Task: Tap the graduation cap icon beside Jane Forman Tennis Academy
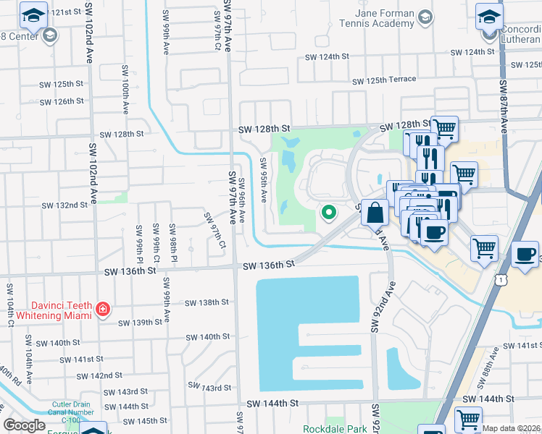point(425,17)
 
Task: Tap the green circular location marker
point(328,212)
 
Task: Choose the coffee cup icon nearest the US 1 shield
point(525,255)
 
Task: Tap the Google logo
point(24,425)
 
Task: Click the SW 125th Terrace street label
point(383,80)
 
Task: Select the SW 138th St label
point(207,302)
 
